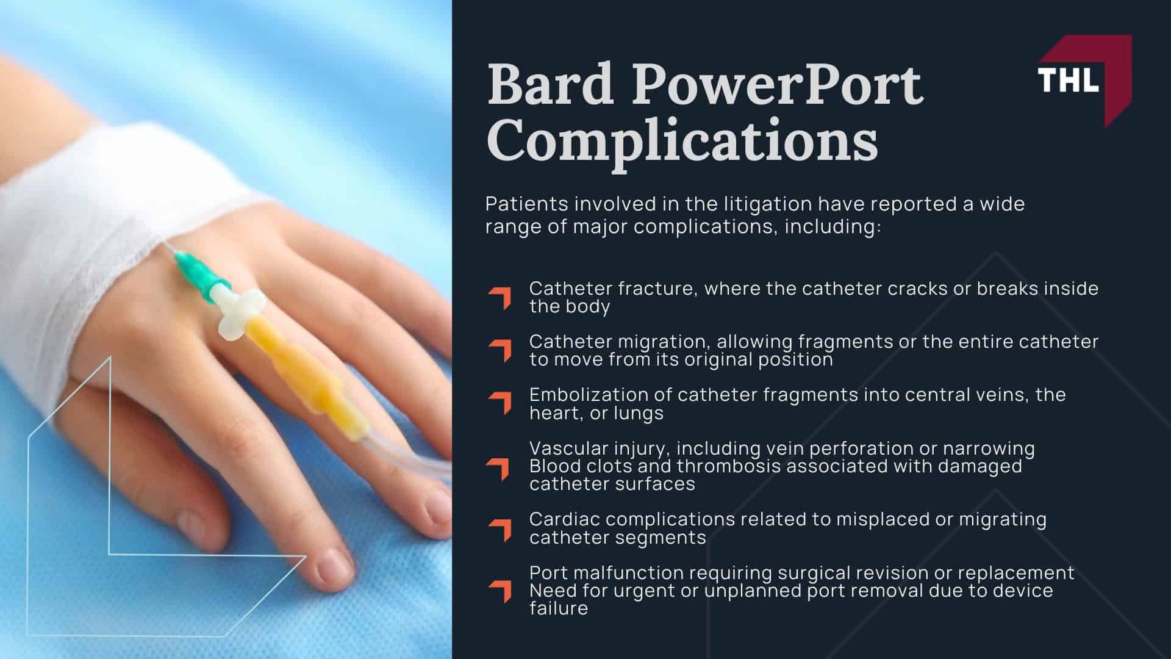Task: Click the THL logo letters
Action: pos(1068,80)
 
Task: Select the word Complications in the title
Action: pos(682,140)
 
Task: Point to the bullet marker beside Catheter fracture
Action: pos(500,298)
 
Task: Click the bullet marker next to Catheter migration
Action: pos(500,350)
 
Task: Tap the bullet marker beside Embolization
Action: pos(500,403)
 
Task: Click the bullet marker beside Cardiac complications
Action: pos(500,529)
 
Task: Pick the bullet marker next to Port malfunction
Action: pos(500,591)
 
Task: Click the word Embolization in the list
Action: pos(586,395)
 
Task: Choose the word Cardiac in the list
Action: pos(564,519)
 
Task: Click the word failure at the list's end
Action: pos(558,608)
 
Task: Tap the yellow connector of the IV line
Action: pos(299,366)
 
